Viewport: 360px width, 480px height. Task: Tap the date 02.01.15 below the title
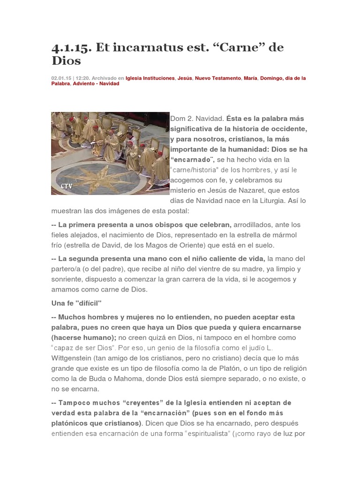tap(61, 78)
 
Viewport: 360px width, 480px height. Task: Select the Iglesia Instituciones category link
tap(150, 78)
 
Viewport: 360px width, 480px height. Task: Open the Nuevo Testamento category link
tap(218, 78)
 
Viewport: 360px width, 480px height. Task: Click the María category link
tap(250, 78)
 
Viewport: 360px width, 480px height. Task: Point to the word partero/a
tap(66, 269)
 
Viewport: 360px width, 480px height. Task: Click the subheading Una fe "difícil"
tap(76, 303)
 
